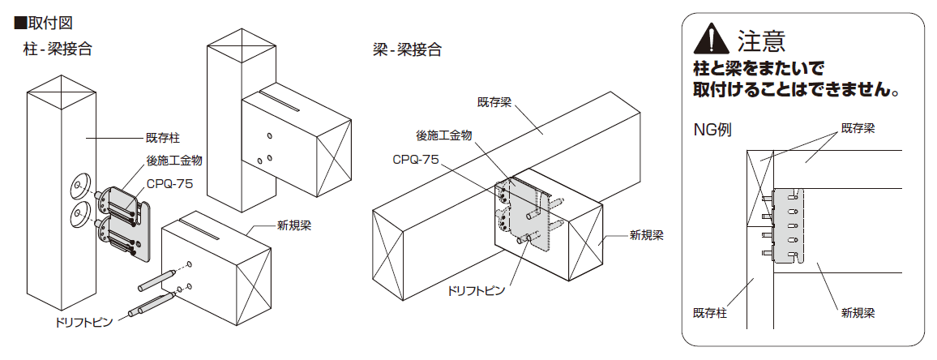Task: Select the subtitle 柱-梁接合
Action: (58, 49)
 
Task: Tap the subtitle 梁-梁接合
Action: (407, 49)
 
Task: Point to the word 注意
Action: (761, 40)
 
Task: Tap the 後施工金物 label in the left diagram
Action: (174, 161)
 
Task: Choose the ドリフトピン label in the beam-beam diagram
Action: (476, 291)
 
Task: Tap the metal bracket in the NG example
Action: (788, 225)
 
